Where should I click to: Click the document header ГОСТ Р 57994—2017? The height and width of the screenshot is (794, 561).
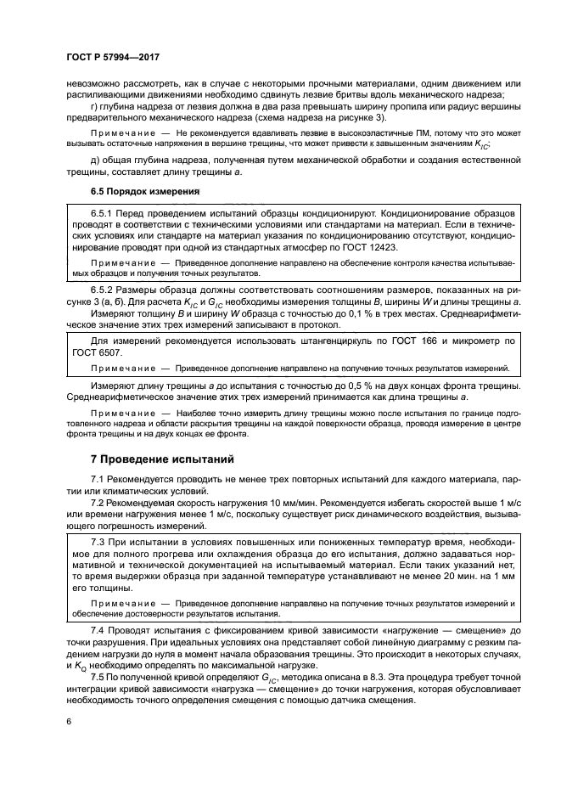coord(112,57)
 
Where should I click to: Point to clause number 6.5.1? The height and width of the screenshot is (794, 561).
coord(103,211)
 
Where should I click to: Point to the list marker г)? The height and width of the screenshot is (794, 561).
coord(94,105)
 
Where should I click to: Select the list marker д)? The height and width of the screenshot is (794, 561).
coord(94,160)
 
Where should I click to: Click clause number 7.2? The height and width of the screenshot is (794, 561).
coord(98,504)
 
